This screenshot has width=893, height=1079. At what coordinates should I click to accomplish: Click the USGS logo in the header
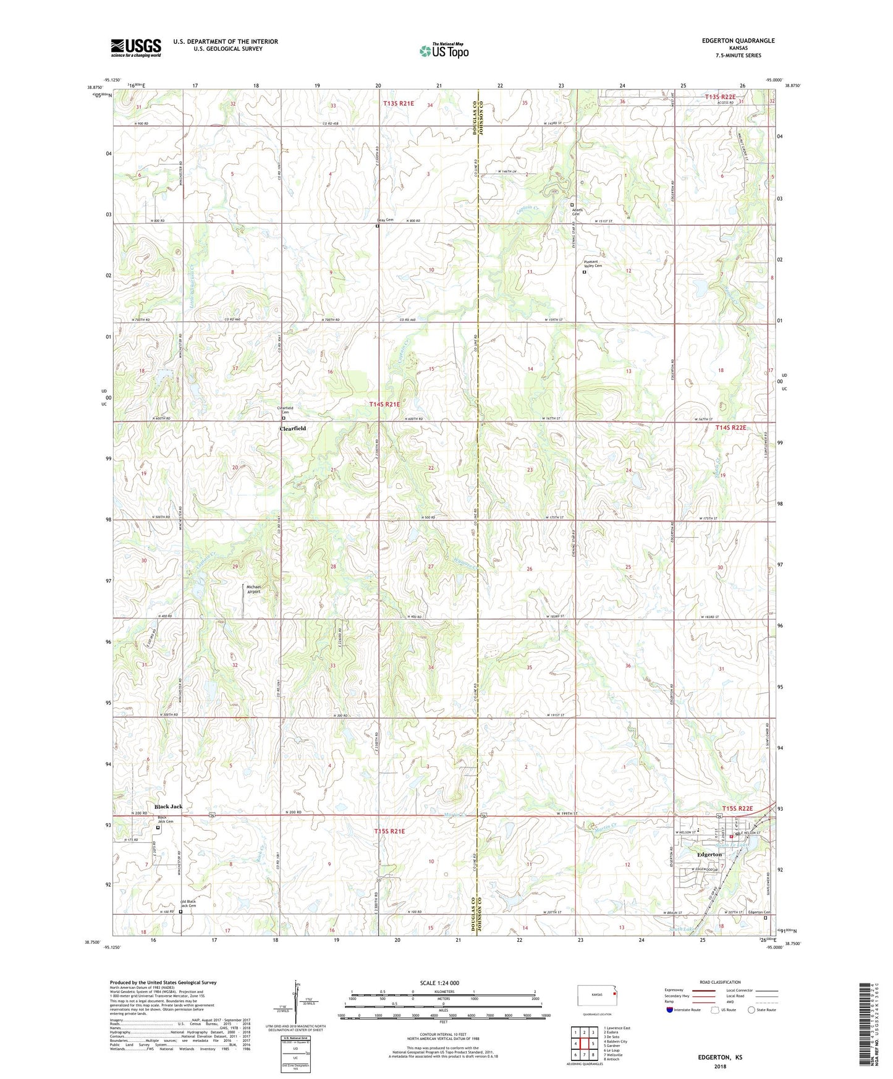tap(136, 48)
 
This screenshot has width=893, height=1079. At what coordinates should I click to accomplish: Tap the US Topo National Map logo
tap(443, 51)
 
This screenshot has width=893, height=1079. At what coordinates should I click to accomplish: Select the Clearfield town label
tap(292, 428)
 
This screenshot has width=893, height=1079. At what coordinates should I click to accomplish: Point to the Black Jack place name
tap(168, 806)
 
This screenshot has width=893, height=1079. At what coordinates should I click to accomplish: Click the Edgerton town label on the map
tap(709, 854)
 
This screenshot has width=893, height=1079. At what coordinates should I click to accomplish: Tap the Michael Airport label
tap(253, 589)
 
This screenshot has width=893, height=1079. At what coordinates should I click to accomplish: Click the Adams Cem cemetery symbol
tap(572, 205)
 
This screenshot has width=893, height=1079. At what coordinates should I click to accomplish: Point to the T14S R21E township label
tap(384, 404)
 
